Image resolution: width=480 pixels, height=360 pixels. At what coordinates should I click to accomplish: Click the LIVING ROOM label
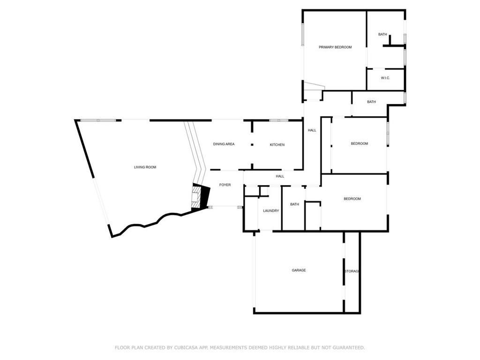coord(145,167)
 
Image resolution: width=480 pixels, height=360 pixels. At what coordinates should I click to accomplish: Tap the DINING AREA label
coord(224,144)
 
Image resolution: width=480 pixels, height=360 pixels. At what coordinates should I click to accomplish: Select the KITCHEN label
coord(277,145)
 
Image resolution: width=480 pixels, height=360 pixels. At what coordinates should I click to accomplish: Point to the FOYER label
coord(225,185)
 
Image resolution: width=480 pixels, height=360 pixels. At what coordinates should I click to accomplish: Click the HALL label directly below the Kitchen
coord(280,176)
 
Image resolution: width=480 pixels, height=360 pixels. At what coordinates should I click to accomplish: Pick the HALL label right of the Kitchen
coord(312,130)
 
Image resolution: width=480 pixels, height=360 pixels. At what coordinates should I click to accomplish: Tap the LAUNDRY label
coord(271,211)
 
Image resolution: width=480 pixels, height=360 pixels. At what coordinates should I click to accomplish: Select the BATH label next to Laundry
coord(294,204)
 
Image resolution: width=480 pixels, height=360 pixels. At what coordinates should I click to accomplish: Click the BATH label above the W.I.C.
coord(382,34)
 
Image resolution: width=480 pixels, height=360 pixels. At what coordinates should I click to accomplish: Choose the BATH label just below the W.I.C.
coord(371,102)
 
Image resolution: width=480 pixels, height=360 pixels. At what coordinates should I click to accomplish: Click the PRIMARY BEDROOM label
coord(335,47)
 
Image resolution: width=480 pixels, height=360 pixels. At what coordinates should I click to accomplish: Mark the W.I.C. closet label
coord(385,78)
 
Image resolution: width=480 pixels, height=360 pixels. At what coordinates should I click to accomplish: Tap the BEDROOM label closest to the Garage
coord(352,199)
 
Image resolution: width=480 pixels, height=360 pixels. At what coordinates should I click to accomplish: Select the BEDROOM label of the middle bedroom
coord(360,143)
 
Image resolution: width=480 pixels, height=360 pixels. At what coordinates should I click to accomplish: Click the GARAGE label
coord(299,270)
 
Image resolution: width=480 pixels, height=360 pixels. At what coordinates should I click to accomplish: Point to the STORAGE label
coord(352,271)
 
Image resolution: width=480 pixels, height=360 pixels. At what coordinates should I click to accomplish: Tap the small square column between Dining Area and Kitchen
coord(252,145)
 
